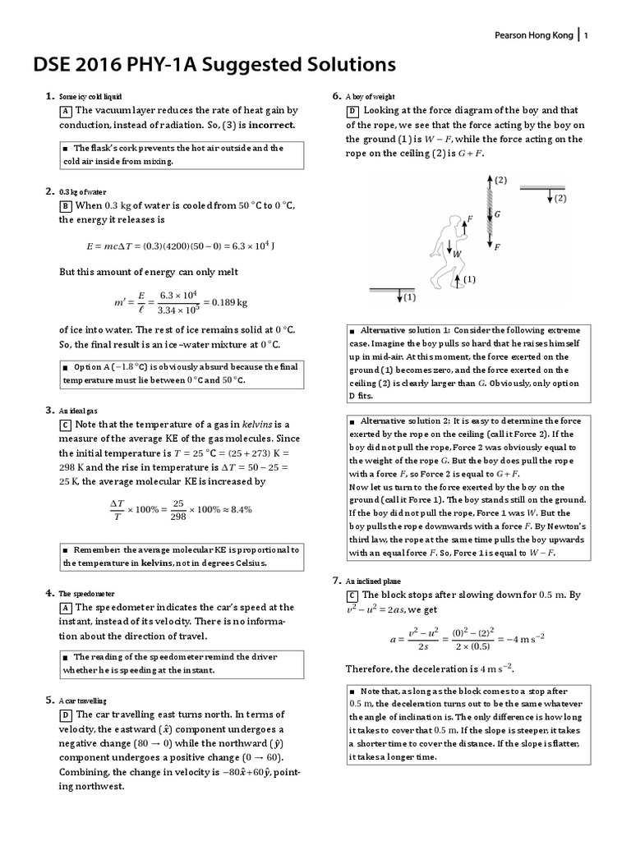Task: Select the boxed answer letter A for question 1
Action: pos(65,111)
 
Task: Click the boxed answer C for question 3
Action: pos(65,425)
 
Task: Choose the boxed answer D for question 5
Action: pos(65,715)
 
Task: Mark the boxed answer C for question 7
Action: pos(351,595)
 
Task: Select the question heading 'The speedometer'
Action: pos(85,592)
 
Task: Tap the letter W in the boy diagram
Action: pos(457,255)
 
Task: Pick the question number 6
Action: pos(336,94)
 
